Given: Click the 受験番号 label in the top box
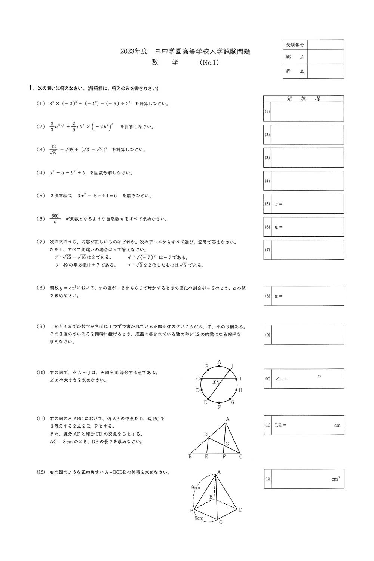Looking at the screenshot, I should click(x=295, y=45).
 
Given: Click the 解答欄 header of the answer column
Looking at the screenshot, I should click(x=304, y=99).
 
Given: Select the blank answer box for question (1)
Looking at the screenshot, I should click(x=307, y=111).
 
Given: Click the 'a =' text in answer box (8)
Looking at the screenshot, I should click(x=278, y=296).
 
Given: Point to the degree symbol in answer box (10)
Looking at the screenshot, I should click(x=319, y=376).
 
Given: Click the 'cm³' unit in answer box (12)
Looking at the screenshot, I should click(x=335, y=479).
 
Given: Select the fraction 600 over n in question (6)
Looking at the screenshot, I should click(x=55, y=219).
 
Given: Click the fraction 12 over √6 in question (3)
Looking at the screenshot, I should click(x=53, y=150).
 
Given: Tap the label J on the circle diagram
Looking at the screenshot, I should click(x=232, y=367).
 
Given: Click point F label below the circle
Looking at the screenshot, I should click(x=219, y=407).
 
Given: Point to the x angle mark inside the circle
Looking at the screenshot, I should click(x=214, y=382).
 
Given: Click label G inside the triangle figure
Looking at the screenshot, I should click(x=227, y=444).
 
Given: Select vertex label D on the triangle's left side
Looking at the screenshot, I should click(x=206, y=435).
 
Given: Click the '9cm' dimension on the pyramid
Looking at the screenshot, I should click(x=196, y=488).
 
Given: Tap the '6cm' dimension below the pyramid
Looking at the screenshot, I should click(x=199, y=518).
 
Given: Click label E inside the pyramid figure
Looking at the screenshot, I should click(x=211, y=497).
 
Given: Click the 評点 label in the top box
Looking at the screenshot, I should click(x=295, y=71).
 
